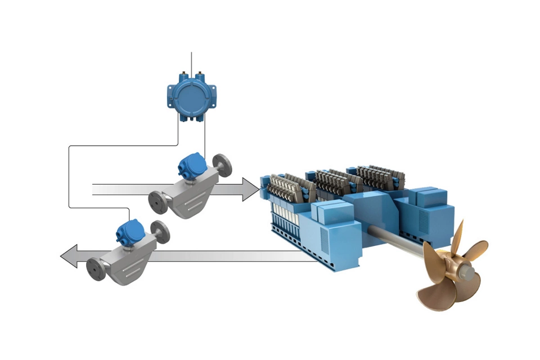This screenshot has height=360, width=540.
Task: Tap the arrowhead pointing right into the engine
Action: click(251, 189)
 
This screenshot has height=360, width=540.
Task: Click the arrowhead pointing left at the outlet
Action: click(69, 256)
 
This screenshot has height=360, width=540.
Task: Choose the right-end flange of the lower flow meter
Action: click(162, 231)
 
